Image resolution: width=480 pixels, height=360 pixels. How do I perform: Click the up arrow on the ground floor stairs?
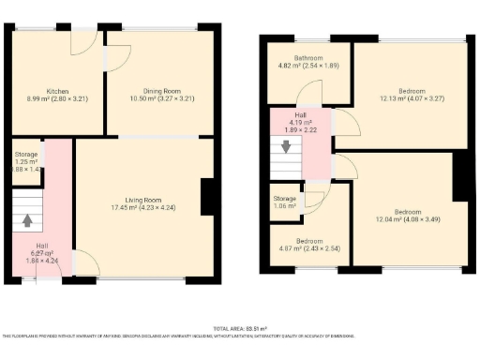click(x=28, y=222)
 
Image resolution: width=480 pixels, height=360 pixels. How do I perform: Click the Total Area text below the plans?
click(x=240, y=329)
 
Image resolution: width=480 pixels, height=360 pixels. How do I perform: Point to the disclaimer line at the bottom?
click(x=240, y=336)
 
